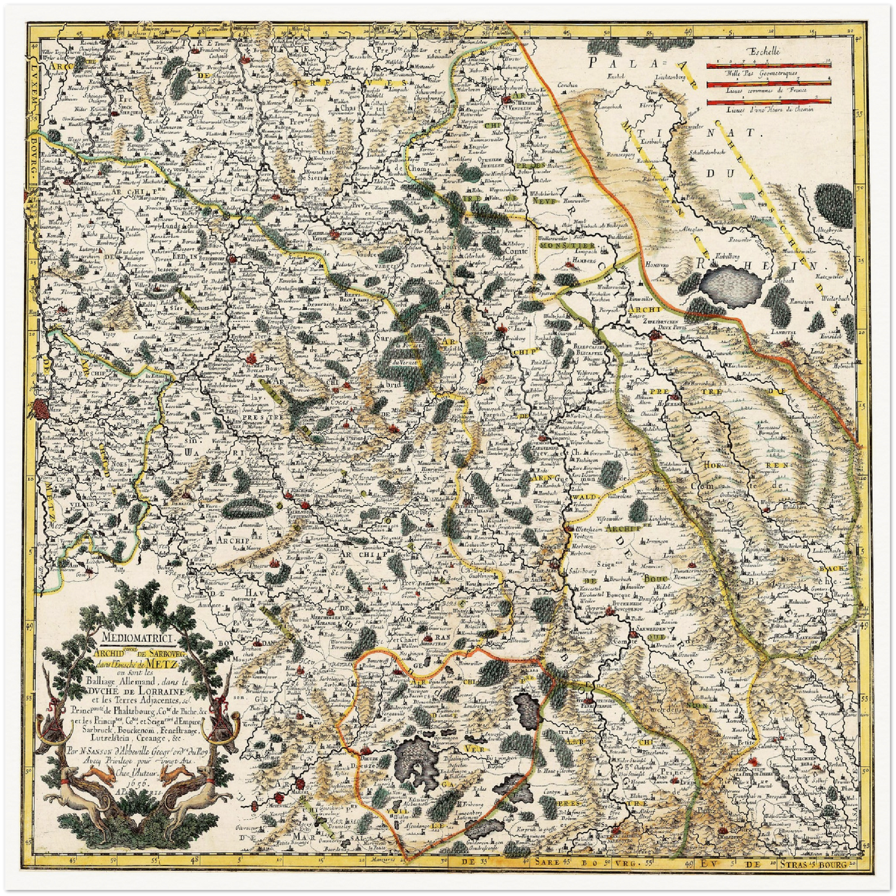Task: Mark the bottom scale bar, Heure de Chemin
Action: [769, 100]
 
